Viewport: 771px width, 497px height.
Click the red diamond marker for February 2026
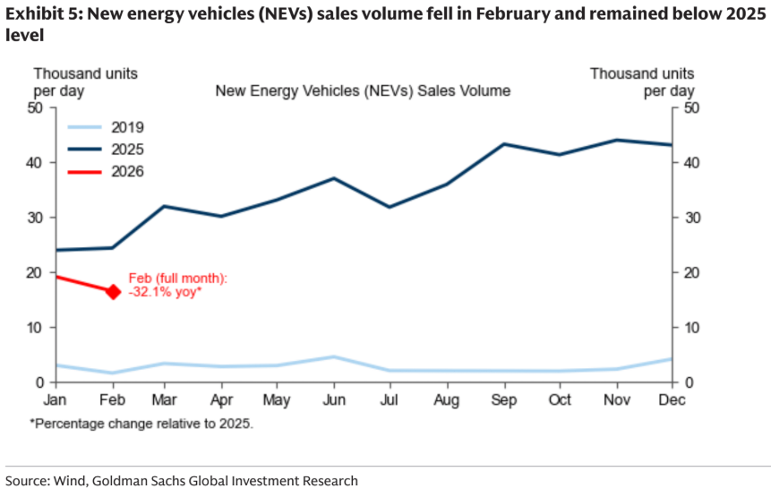[114, 291]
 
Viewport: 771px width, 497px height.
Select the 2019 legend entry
[128, 127]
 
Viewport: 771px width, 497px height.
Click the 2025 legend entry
[128, 150]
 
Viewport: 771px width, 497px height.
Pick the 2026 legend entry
[128, 172]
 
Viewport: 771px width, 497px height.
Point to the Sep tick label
[503, 400]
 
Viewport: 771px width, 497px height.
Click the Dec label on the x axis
[671, 400]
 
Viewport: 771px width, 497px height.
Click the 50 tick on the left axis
[36, 108]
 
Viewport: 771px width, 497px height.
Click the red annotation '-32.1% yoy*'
[166, 292]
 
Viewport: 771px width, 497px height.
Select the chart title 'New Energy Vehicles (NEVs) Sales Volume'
[363, 90]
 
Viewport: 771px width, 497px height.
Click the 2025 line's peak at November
[615, 140]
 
